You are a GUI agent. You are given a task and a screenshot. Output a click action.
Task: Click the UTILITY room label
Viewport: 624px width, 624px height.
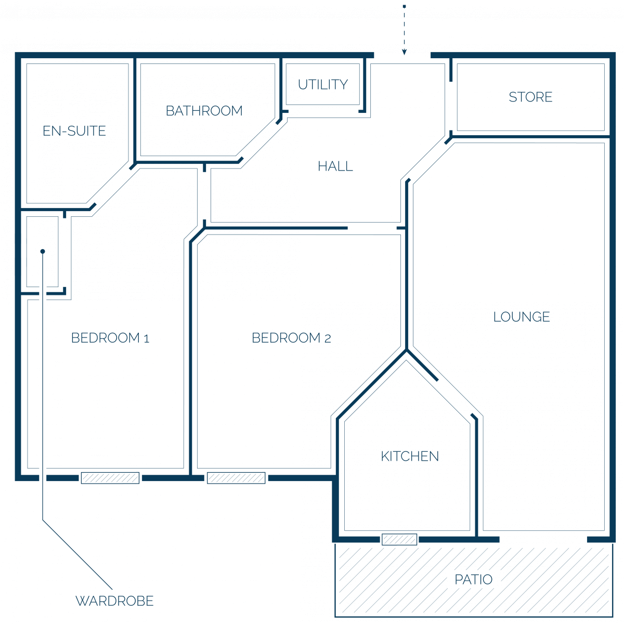[322, 85]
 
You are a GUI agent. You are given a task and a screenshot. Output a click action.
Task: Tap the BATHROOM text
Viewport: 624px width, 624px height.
[204, 111]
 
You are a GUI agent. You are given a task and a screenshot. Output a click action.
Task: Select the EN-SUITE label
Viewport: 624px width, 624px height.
[74, 131]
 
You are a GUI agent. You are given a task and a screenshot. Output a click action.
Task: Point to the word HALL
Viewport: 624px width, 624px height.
[335, 166]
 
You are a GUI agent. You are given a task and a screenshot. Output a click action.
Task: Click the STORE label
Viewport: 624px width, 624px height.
[530, 97]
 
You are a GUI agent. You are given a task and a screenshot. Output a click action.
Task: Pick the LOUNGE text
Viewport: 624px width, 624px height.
[522, 317]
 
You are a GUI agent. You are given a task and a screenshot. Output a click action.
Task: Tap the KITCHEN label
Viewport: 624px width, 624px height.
[410, 456]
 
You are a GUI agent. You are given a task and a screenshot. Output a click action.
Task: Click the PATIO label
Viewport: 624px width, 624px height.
[473, 579]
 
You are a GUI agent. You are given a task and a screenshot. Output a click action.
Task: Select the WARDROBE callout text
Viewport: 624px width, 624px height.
[114, 601]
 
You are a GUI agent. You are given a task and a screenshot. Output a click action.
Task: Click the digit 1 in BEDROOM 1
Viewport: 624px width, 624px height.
[146, 339]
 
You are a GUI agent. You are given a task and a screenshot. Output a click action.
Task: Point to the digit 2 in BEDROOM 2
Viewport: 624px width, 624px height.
[328, 339]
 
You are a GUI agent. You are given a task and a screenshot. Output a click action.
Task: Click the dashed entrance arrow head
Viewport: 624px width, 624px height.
[404, 52]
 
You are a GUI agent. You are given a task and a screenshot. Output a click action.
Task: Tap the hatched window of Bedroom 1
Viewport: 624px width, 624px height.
[110, 478]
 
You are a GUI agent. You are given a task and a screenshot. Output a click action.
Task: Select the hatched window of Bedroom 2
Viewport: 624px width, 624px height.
[236, 478]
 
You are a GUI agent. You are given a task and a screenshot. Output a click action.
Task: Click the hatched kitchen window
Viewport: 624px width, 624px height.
[399, 539]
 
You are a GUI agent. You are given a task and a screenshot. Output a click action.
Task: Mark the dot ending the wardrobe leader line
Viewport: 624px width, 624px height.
[43, 251]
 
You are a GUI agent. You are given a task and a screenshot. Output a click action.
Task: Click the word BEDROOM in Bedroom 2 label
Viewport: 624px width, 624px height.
[286, 338]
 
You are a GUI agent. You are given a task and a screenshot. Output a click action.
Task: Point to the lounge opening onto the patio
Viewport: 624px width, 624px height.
[543, 539]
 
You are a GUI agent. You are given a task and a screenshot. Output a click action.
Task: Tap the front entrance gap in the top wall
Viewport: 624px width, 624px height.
[402, 55]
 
